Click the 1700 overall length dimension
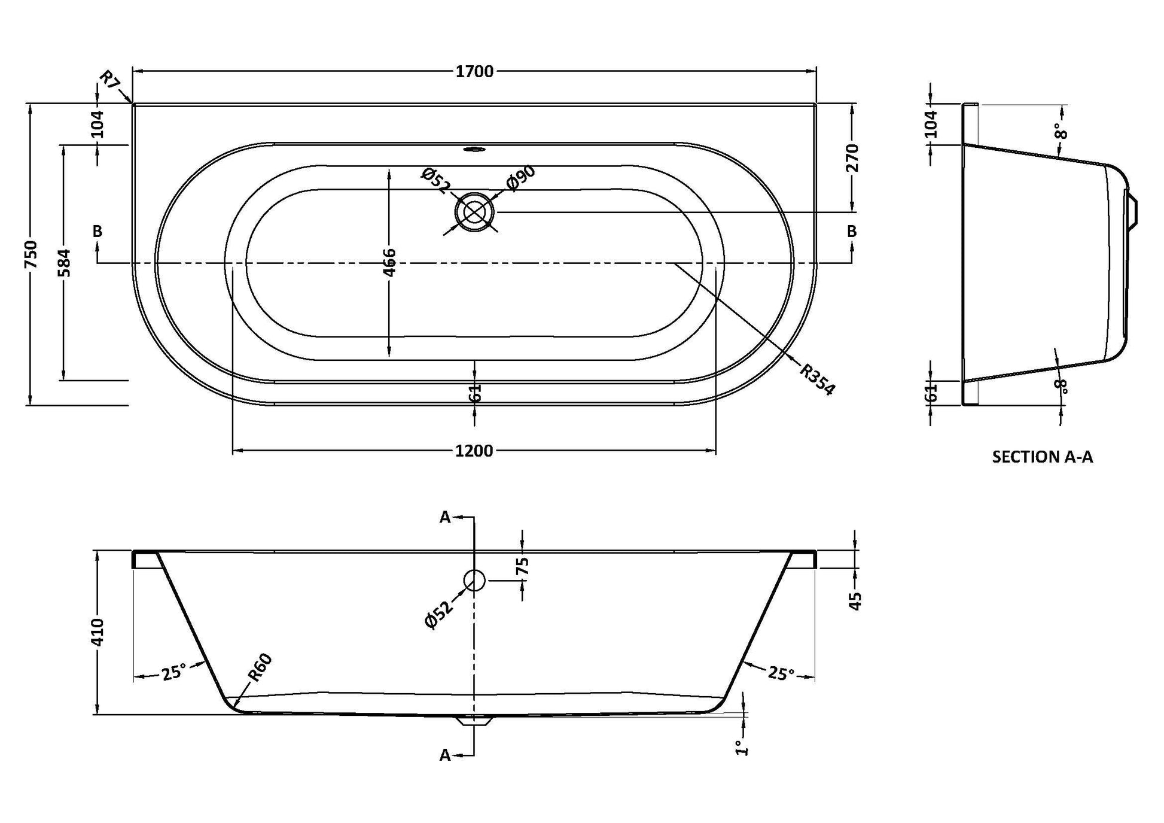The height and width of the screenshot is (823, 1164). point(474,72)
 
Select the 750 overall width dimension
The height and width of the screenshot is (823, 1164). point(32,254)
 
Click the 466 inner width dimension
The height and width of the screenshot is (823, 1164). point(389,262)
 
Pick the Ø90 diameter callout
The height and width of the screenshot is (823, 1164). point(520,178)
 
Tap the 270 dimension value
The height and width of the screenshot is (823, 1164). point(853,157)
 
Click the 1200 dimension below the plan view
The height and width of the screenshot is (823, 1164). point(474,451)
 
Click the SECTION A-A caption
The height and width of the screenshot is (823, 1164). point(1043,457)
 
